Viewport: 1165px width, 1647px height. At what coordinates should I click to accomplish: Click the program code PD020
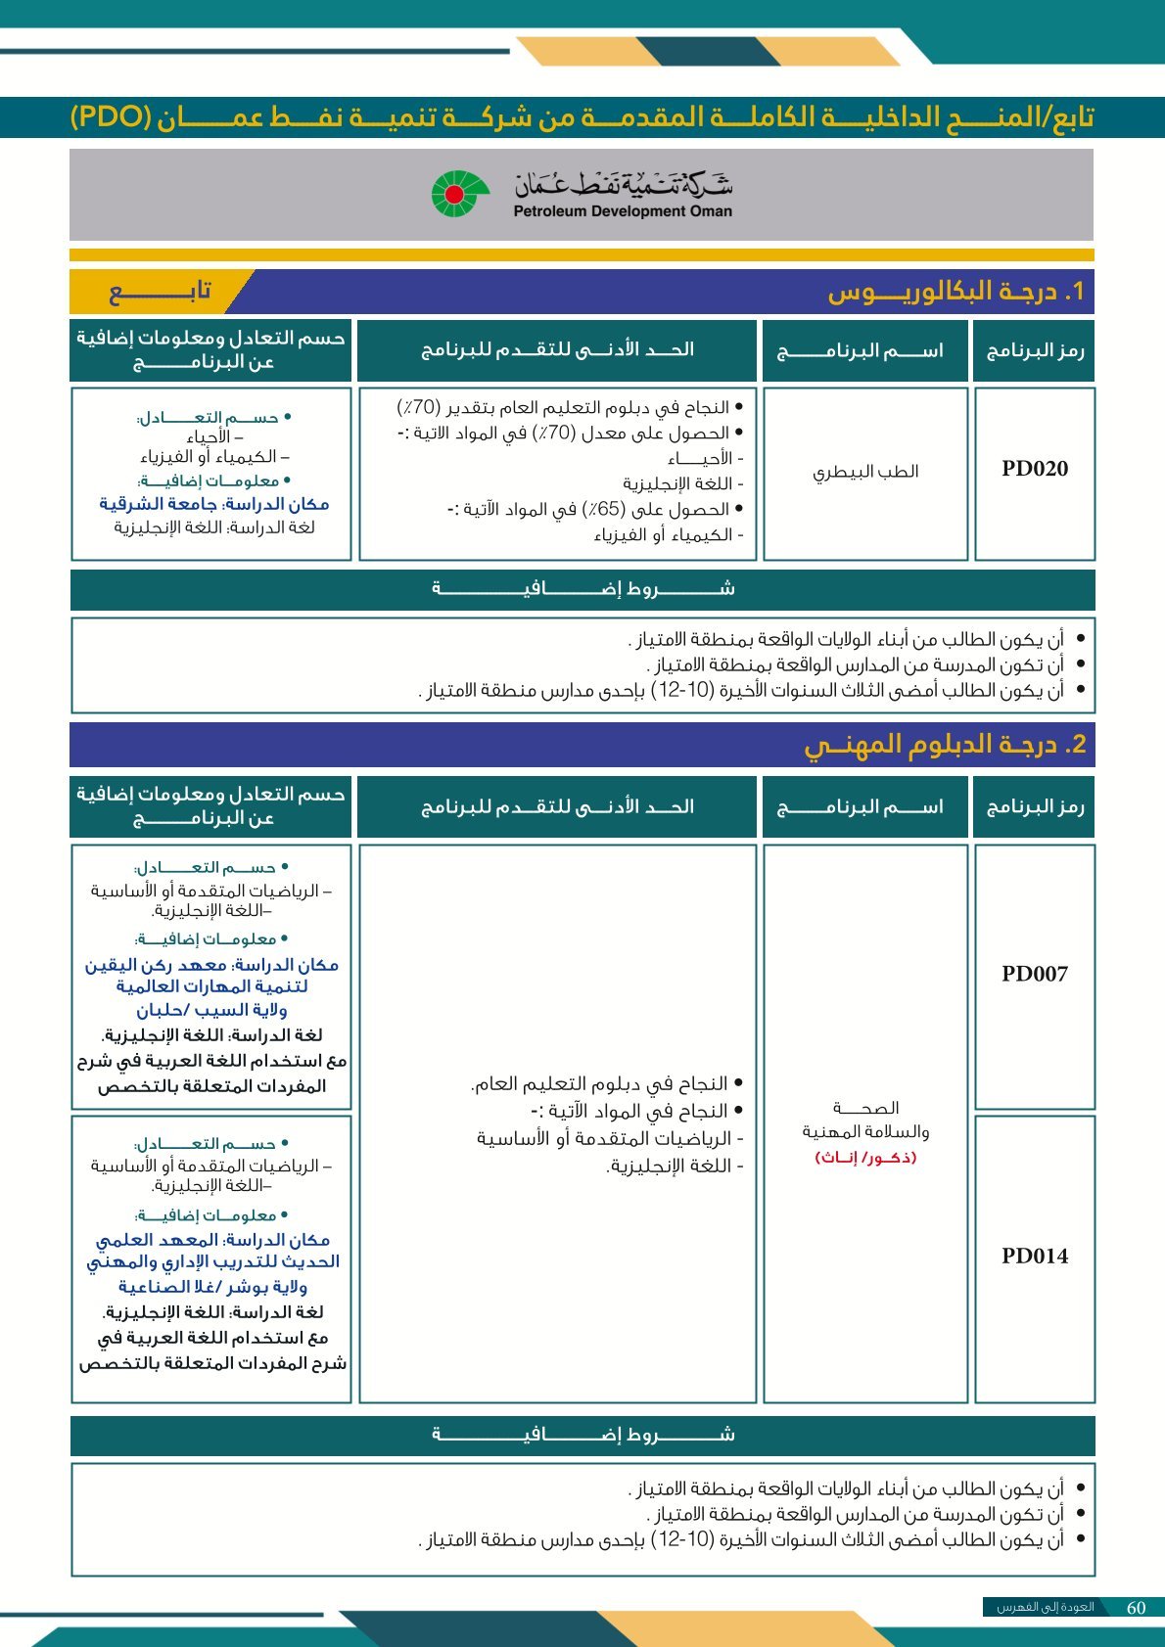pyautogui.click(x=1034, y=469)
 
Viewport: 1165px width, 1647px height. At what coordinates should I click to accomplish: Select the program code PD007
pyautogui.click(x=1034, y=974)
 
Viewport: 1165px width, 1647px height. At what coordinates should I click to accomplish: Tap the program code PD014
pyautogui.click(x=1034, y=1256)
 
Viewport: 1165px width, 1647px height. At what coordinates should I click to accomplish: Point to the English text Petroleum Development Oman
pyautogui.click(x=623, y=211)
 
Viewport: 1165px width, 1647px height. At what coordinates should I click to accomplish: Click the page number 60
pyautogui.click(x=1136, y=1608)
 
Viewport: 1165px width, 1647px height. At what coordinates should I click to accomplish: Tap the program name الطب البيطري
pyautogui.click(x=865, y=472)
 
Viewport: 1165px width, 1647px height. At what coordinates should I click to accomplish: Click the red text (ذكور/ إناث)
pyautogui.click(x=865, y=1158)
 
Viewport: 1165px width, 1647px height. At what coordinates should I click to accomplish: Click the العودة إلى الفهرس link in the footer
pyautogui.click(x=1045, y=1608)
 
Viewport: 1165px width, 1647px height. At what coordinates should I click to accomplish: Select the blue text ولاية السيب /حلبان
pyautogui.click(x=211, y=1010)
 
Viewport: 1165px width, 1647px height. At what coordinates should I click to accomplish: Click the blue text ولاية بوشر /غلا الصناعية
pyautogui.click(x=211, y=1287)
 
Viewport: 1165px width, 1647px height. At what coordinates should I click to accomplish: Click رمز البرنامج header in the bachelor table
pyautogui.click(x=1034, y=350)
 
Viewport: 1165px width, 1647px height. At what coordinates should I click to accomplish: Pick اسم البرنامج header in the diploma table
pyautogui.click(x=862, y=807)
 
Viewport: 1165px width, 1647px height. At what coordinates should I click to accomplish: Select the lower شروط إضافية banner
pyautogui.click(x=582, y=1436)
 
